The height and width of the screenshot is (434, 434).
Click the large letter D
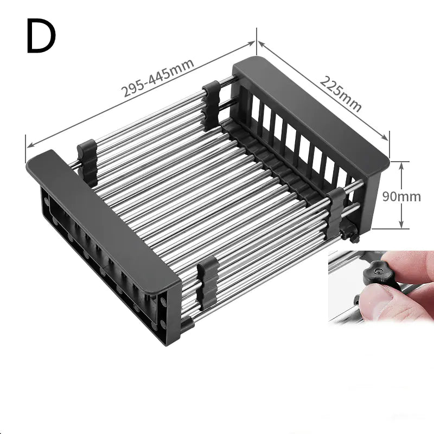click(x=41, y=36)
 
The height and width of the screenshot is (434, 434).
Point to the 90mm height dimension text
click(x=401, y=196)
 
